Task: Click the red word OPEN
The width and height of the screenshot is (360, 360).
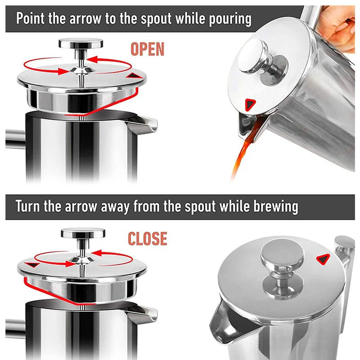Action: point(148,49)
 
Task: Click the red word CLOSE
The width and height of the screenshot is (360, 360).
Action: point(148,239)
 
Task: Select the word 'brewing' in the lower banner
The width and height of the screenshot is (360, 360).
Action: point(276,207)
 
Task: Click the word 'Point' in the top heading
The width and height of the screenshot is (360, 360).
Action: point(30,18)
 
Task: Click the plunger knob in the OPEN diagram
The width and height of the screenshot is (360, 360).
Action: point(81,43)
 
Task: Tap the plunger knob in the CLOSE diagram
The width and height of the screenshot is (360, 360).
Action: point(83,233)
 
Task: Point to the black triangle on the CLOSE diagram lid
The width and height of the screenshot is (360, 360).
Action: point(32,265)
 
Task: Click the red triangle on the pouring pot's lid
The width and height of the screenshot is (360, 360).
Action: point(250,105)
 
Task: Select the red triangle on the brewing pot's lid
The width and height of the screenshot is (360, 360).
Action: point(323,259)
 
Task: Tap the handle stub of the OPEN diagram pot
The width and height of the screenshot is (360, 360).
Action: point(15,139)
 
